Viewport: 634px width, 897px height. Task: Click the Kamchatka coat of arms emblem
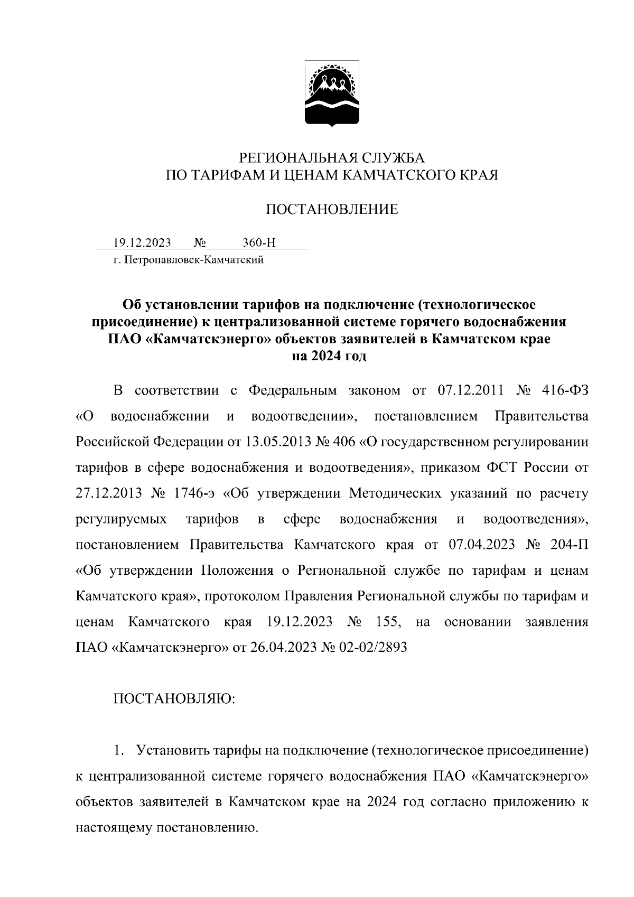332,95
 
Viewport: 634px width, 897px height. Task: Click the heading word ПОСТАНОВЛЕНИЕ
331,210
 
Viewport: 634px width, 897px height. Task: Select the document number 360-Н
259,243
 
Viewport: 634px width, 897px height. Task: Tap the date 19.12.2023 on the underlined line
142,243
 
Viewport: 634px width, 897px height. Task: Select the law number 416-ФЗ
565,391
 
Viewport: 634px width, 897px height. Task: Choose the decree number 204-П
568,545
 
